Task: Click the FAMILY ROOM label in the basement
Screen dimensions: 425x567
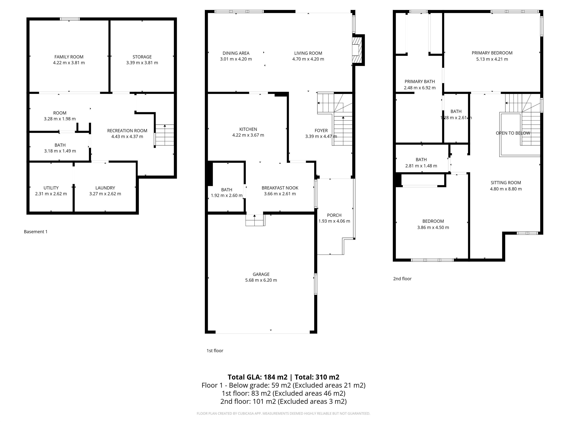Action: click(69, 57)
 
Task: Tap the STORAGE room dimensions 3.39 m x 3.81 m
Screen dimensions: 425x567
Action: click(142, 63)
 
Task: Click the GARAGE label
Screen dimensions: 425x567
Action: click(261, 274)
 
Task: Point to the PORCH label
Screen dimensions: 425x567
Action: click(334, 215)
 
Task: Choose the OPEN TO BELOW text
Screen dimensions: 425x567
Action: click(513, 133)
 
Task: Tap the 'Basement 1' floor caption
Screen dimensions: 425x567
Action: click(36, 231)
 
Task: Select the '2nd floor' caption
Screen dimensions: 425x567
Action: click(402, 279)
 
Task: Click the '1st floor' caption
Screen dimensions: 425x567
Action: click(215, 351)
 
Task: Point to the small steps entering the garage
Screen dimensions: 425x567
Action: click(255, 220)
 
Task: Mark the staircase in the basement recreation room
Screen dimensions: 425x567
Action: click(165, 135)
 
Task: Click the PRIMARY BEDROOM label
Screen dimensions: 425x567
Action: click(492, 53)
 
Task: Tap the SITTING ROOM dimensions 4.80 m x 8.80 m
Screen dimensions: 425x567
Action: click(506, 189)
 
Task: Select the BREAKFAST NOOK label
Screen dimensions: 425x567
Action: click(280, 188)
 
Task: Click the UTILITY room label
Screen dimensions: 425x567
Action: click(51, 188)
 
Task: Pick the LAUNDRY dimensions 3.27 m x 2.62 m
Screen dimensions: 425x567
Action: click(105, 194)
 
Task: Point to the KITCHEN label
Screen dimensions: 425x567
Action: click(248, 129)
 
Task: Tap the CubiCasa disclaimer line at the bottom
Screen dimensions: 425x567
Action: click(283, 414)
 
